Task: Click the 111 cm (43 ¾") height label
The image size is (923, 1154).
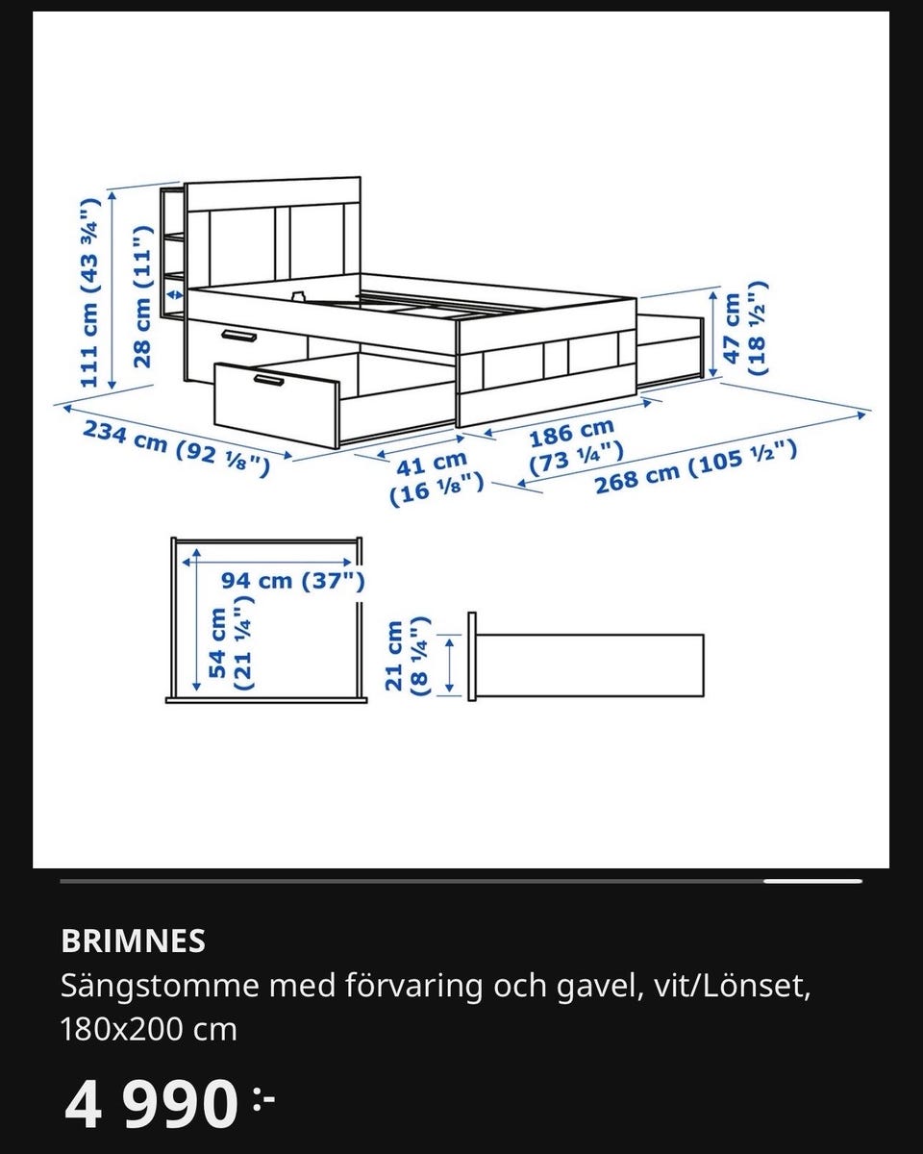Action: (89, 292)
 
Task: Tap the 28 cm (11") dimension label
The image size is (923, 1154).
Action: (142, 296)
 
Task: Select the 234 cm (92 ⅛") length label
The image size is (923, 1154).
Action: (174, 449)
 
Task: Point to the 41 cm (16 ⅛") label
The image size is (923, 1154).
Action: (435, 479)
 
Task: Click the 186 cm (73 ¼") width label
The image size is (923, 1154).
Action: (573, 443)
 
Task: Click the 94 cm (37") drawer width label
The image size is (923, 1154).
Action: (292, 581)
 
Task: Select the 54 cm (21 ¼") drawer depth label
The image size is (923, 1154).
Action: (230, 643)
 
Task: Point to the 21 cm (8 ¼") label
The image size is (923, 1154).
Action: (406, 656)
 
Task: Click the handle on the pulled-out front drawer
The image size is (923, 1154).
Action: (268, 382)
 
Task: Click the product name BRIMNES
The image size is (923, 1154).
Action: (133, 941)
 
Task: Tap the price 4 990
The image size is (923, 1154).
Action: (152, 1104)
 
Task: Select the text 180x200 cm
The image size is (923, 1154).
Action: (148, 1029)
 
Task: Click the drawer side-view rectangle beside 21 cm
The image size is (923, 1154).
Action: (589, 665)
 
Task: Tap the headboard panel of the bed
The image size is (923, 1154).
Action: (274, 240)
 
